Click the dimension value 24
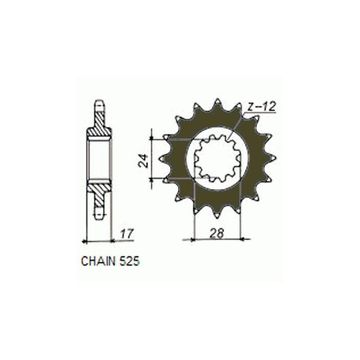143,161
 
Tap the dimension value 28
217,233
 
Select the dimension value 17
127,233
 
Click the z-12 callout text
262,106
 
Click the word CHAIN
98,261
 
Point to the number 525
129,261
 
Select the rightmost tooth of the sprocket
272,158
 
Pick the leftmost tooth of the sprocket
163,158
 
